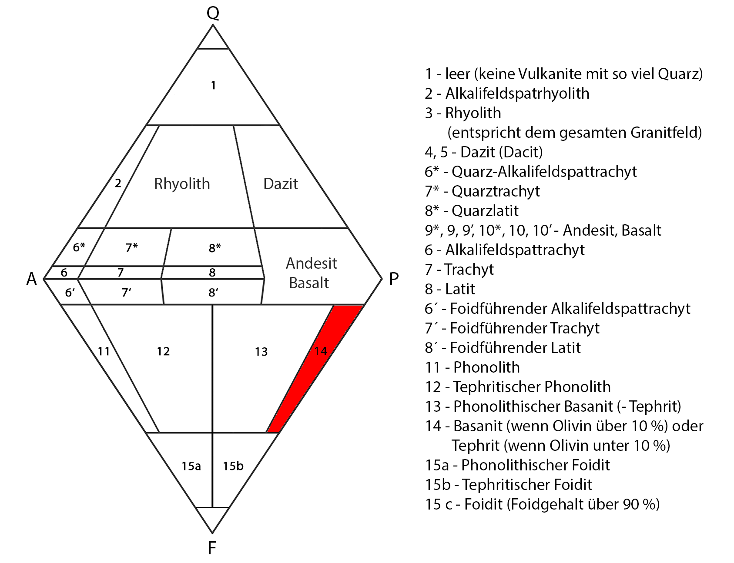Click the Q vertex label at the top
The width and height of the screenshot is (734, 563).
click(x=213, y=13)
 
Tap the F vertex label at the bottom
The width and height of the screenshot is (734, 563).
click(x=212, y=548)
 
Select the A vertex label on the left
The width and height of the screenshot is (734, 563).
click(x=31, y=279)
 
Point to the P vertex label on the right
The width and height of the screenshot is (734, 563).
click(x=394, y=279)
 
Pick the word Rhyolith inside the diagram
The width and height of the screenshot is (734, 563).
click(x=182, y=184)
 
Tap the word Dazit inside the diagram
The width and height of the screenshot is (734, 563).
click(x=281, y=184)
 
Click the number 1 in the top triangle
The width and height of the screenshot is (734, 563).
click(x=213, y=85)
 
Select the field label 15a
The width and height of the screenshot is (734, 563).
click(x=191, y=466)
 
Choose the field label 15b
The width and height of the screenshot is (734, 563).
click(x=233, y=466)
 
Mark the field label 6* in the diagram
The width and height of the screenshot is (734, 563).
click(x=79, y=247)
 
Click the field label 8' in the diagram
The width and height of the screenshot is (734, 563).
click(x=213, y=293)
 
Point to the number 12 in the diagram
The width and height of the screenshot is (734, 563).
click(x=163, y=351)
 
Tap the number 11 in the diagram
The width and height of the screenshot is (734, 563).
click(x=104, y=351)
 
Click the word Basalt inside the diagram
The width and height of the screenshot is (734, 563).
click(x=309, y=283)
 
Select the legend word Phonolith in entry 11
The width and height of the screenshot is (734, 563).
click(x=486, y=367)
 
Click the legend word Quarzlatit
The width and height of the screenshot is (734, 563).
click(x=485, y=211)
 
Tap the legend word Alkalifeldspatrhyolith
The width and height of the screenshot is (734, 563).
click(x=517, y=93)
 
